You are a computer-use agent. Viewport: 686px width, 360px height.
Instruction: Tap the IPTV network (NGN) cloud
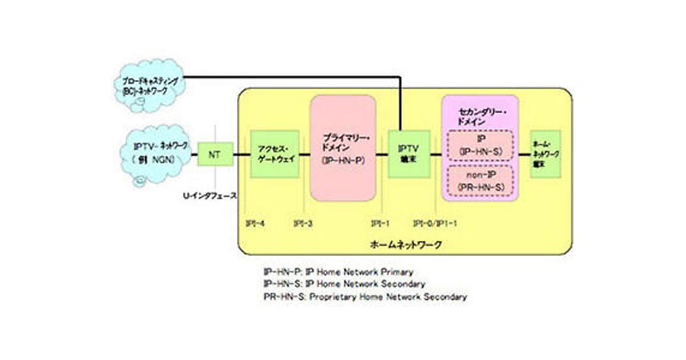[155, 153]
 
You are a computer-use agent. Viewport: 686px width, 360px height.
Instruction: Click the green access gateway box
[275, 154]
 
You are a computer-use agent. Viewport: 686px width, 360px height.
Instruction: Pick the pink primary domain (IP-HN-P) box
[343, 147]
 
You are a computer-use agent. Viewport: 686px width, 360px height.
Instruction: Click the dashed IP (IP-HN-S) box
[480, 145]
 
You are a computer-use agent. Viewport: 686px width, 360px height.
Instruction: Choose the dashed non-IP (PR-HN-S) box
[480, 179]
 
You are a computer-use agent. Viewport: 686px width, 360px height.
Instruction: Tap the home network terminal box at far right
[545, 154]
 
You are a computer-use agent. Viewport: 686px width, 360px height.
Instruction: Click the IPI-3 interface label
[303, 223]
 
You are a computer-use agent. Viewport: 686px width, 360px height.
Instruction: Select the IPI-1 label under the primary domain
[380, 223]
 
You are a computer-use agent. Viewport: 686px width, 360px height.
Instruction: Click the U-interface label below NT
[210, 195]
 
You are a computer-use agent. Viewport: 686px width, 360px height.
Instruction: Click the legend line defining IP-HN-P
[337, 272]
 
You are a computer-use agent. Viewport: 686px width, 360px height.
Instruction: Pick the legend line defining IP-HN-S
[344, 284]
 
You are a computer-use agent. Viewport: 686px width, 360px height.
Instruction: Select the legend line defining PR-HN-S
[365, 297]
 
